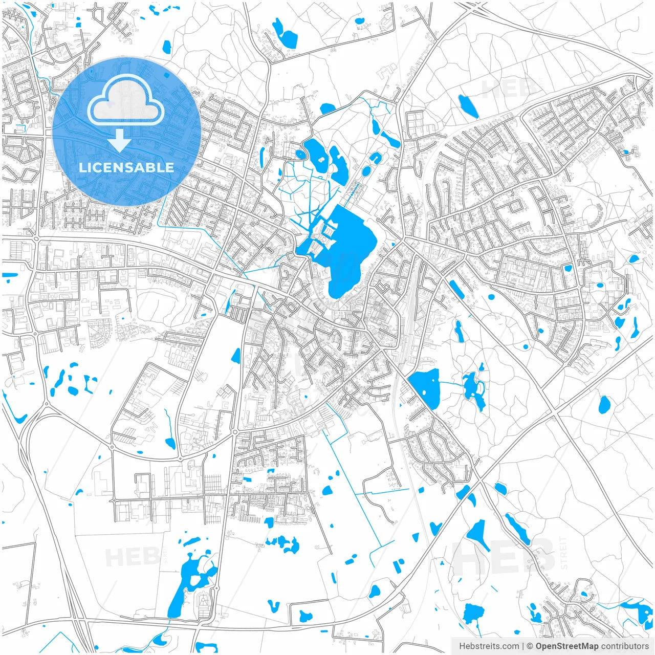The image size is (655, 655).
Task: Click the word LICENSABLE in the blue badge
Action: coord(126,167)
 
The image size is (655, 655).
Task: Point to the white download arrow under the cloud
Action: coord(120,140)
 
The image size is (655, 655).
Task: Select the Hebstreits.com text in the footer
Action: coord(489,646)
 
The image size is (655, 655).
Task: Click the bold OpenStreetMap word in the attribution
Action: coord(566,646)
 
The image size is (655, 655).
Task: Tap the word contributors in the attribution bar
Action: coord(624,646)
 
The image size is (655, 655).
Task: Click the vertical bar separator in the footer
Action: coord(522,646)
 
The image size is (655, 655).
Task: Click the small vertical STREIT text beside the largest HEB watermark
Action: coord(564,553)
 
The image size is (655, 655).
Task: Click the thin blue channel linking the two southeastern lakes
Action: coord(451,383)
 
